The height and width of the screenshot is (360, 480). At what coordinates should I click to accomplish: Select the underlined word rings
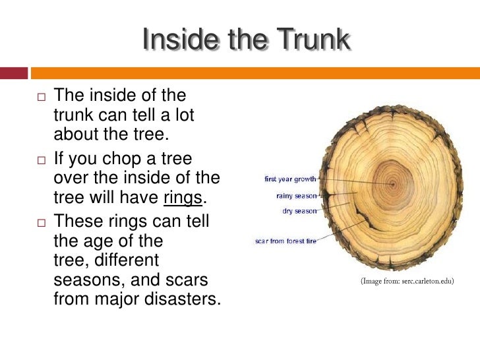(x=181, y=198)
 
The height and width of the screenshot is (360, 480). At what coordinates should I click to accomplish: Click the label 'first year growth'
(x=290, y=179)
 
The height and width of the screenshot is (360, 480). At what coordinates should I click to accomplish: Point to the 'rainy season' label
(x=297, y=195)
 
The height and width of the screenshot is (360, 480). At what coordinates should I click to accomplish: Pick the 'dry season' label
(x=299, y=211)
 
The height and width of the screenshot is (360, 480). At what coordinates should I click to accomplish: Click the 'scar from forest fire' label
(x=285, y=241)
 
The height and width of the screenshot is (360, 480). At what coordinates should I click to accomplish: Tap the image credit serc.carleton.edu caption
(x=407, y=282)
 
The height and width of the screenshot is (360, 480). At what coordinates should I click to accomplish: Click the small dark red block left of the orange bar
(x=13, y=73)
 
